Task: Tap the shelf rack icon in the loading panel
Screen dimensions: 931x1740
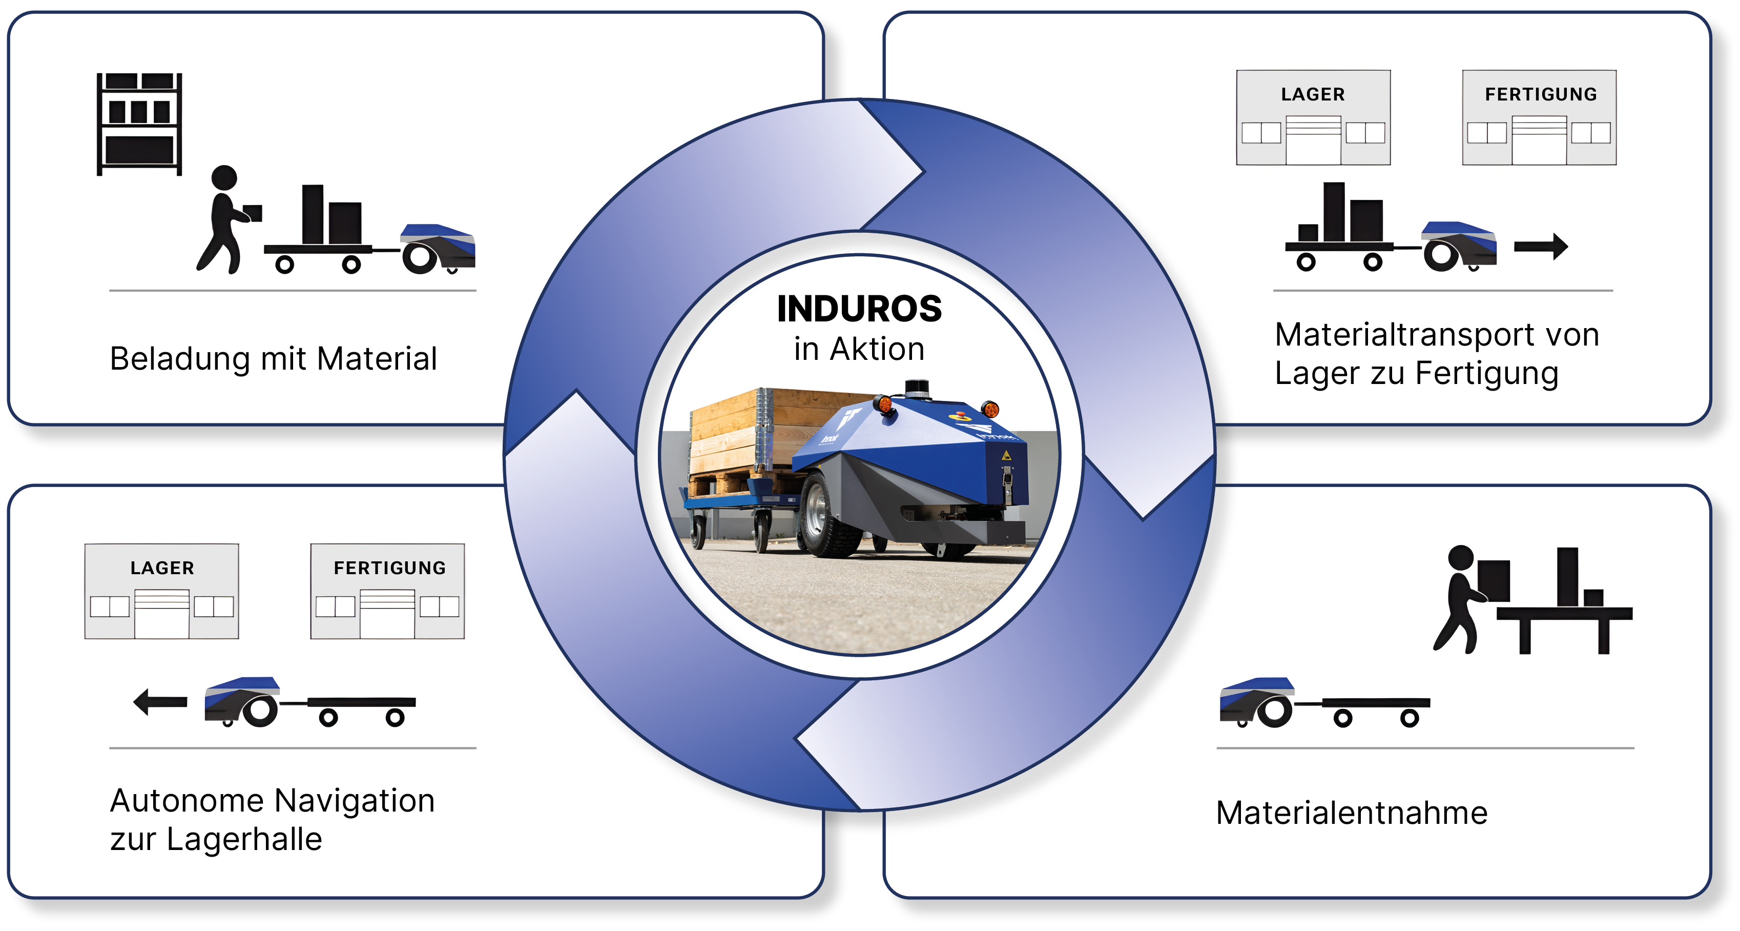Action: [x=139, y=124]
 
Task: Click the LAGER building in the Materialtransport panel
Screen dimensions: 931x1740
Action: [x=1313, y=117]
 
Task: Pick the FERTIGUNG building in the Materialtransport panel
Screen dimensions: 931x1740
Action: [x=1539, y=117]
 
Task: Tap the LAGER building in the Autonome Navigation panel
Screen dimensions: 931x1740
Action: [x=161, y=591]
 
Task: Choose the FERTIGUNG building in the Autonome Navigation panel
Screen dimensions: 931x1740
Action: [x=387, y=591]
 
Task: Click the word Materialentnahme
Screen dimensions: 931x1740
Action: [x=1351, y=813]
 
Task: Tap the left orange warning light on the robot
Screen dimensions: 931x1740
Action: [x=883, y=406]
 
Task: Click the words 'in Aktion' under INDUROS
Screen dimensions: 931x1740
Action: [x=859, y=349]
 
